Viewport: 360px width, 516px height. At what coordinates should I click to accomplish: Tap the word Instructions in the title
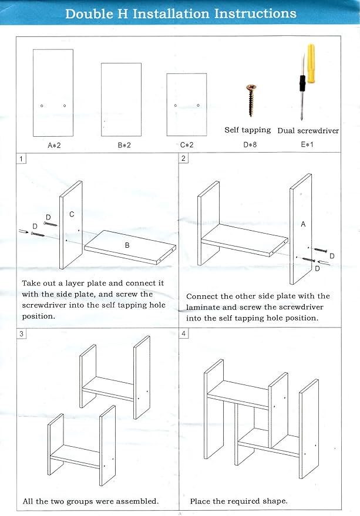click(x=255, y=14)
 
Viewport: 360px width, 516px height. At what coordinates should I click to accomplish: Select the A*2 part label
click(x=54, y=145)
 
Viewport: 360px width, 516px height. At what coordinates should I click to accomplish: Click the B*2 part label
click(x=124, y=145)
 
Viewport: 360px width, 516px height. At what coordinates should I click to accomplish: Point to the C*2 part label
click(x=187, y=145)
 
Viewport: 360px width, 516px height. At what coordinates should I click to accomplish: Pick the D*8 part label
click(x=250, y=144)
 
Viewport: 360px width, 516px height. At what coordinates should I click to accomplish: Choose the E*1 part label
click(x=307, y=144)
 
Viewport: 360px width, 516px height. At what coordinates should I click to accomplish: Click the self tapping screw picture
click(x=251, y=100)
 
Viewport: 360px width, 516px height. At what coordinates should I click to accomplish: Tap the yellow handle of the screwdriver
click(x=311, y=63)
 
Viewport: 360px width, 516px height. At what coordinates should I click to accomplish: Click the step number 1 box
click(x=21, y=159)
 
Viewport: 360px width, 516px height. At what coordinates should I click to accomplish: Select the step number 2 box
click(x=183, y=158)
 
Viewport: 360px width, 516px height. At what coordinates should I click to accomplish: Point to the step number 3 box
click(x=21, y=333)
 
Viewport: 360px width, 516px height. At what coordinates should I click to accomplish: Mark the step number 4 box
click(x=183, y=333)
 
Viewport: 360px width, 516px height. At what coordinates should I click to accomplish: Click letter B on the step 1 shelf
click(x=127, y=245)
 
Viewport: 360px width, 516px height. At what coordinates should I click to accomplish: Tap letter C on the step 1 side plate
click(x=72, y=214)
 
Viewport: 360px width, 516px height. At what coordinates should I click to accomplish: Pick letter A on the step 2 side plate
click(x=303, y=224)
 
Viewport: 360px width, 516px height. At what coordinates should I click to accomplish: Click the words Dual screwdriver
click(x=308, y=131)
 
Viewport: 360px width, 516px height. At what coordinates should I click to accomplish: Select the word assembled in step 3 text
click(x=134, y=501)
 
